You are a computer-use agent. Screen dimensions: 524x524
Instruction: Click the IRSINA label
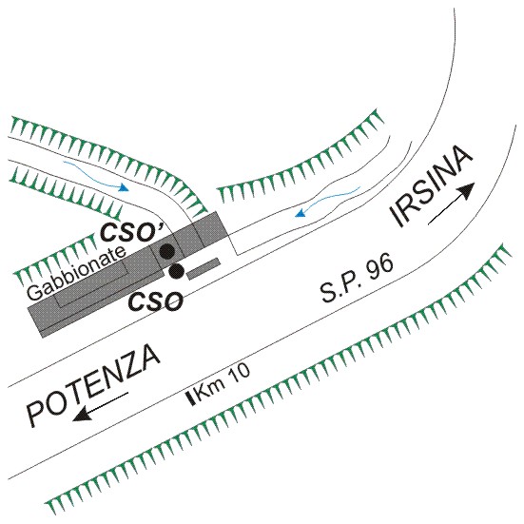pos(431,186)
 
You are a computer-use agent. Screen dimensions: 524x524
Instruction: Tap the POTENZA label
pos(93,386)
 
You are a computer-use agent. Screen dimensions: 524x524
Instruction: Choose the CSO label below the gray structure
pos(156,301)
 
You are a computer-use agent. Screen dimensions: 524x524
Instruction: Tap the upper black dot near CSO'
pos(166,251)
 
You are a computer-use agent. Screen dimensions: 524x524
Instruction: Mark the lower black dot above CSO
pos(176,271)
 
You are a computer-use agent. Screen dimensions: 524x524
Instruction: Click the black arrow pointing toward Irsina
pos(452,204)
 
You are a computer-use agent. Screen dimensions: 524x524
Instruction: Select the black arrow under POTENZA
pos(101,406)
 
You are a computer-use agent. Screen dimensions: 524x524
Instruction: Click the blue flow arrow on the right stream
pos(327,202)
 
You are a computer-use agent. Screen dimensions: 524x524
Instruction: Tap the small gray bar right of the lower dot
pos(204,269)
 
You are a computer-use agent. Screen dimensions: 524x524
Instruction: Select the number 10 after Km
pos(238,376)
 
